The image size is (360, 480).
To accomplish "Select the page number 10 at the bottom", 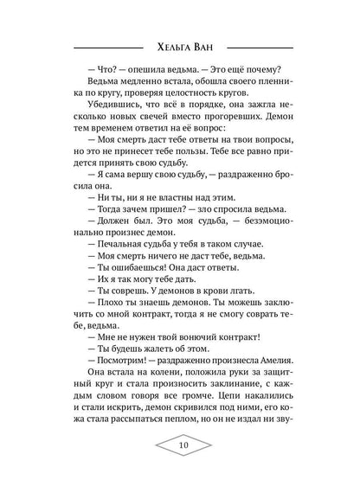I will tap(180, 446).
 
